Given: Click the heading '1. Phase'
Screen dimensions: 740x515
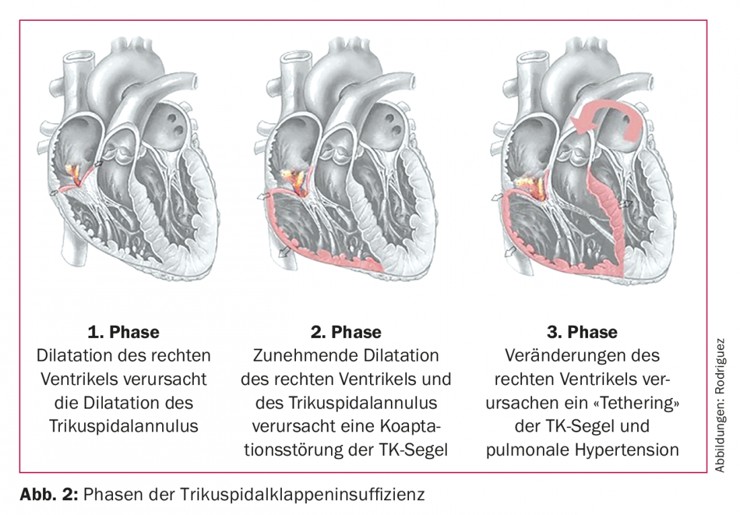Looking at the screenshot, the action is click(124, 332).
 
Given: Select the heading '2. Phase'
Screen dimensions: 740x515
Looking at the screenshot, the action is click(346, 332).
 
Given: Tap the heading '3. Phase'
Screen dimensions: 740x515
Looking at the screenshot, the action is click(582, 332).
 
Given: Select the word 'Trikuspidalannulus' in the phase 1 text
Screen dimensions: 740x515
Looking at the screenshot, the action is click(124, 426).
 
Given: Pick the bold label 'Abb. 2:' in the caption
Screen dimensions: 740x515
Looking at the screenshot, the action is click(48, 494).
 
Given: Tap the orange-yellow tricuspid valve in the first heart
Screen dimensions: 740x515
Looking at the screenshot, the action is click(75, 175).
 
